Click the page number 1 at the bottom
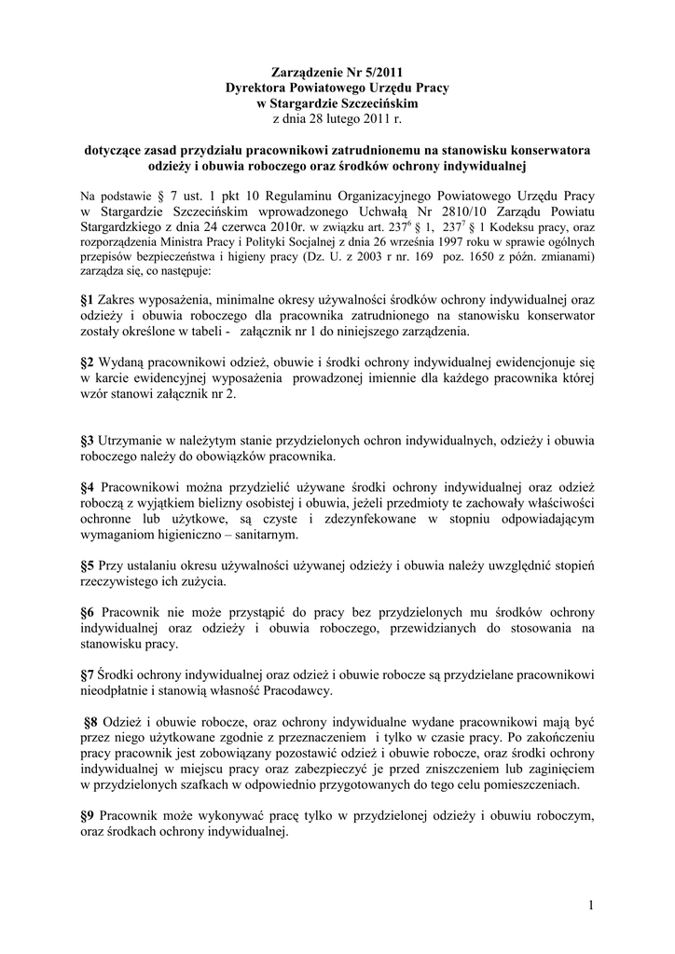point(591,905)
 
